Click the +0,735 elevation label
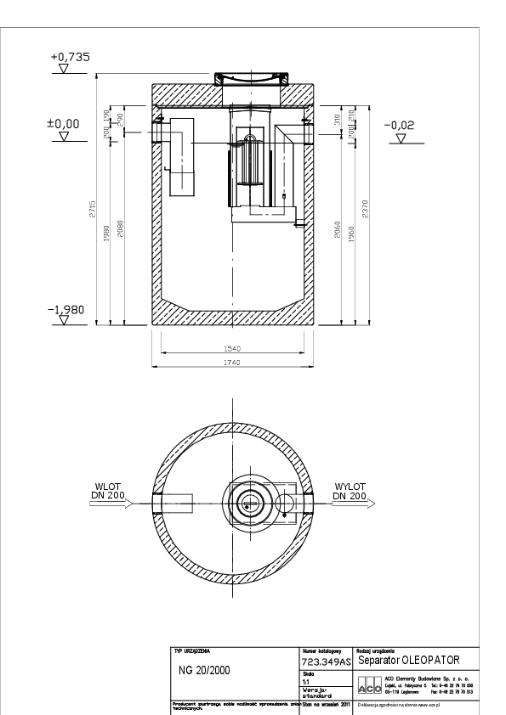click(70, 57)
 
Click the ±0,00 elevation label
click(63, 124)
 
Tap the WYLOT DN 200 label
click(350, 492)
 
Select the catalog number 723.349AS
click(327, 661)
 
